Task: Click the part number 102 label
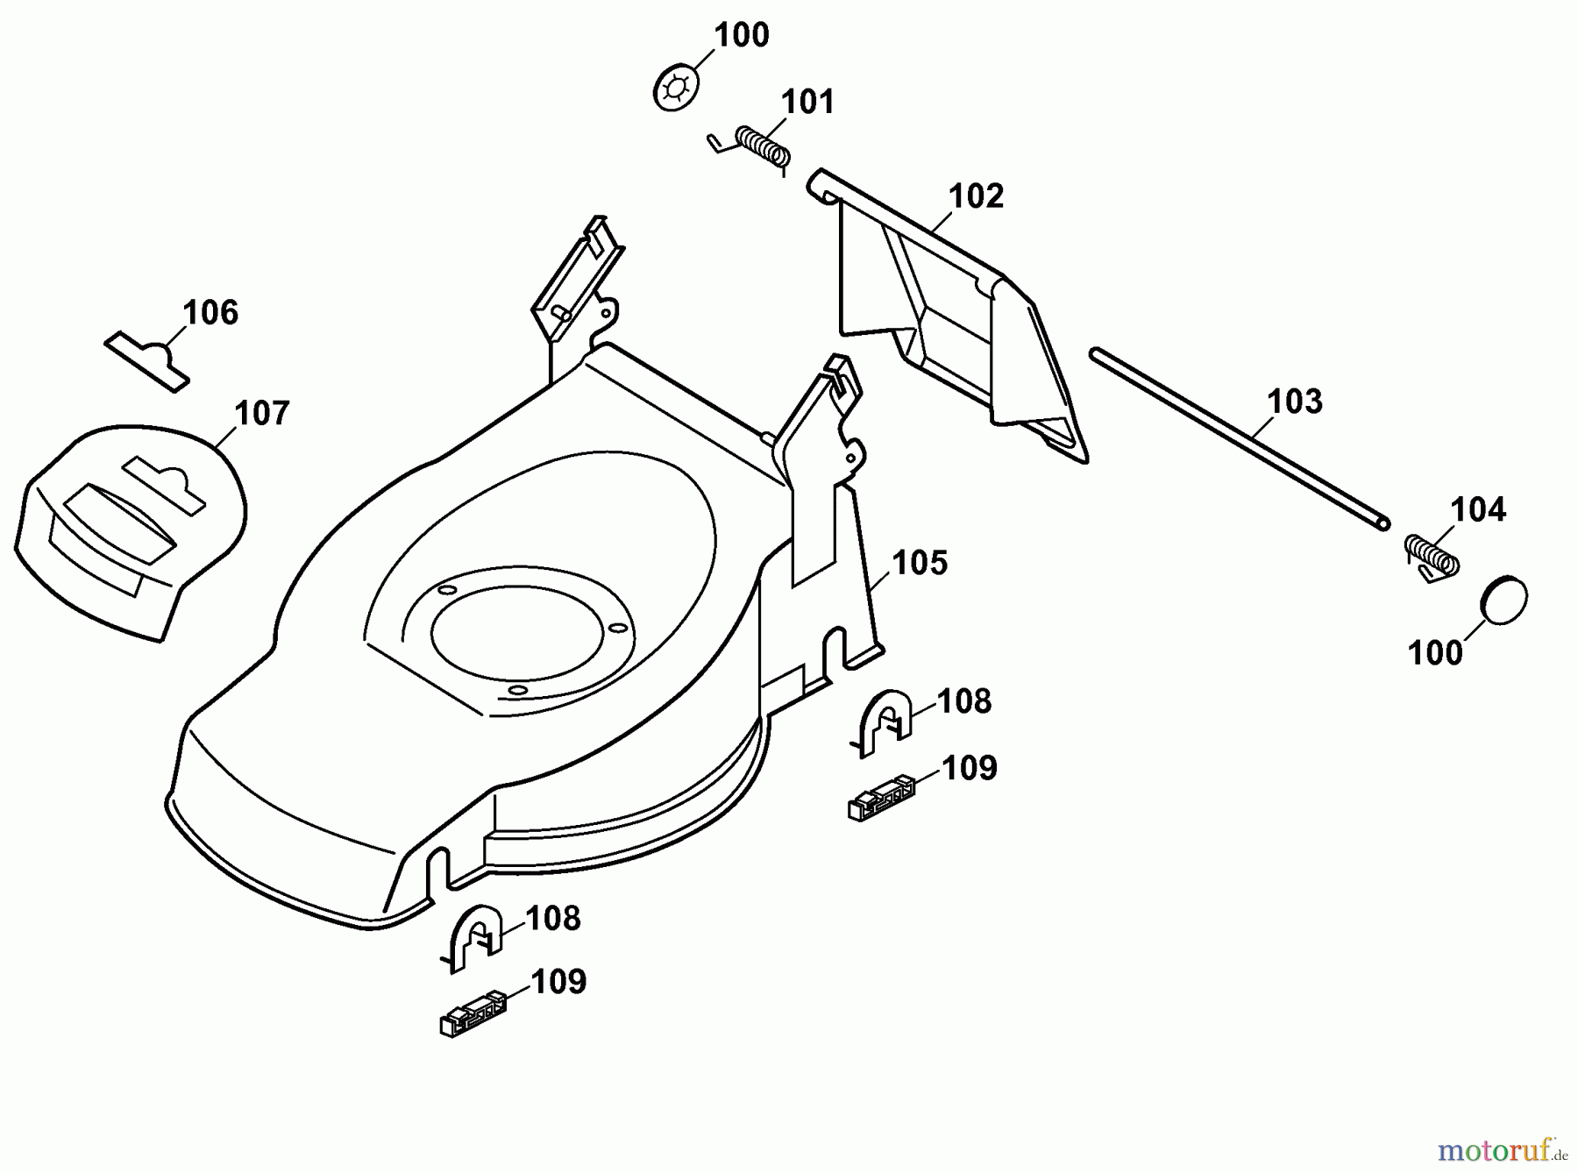point(976,196)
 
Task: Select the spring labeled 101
point(761,146)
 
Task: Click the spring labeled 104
point(1432,556)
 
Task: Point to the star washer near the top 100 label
point(677,89)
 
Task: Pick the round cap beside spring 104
point(1503,601)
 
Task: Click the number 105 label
point(920,563)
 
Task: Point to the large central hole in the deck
point(517,629)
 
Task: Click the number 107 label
point(262,414)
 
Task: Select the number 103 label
point(1295,402)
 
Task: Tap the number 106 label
point(210,313)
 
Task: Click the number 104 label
point(1477,509)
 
